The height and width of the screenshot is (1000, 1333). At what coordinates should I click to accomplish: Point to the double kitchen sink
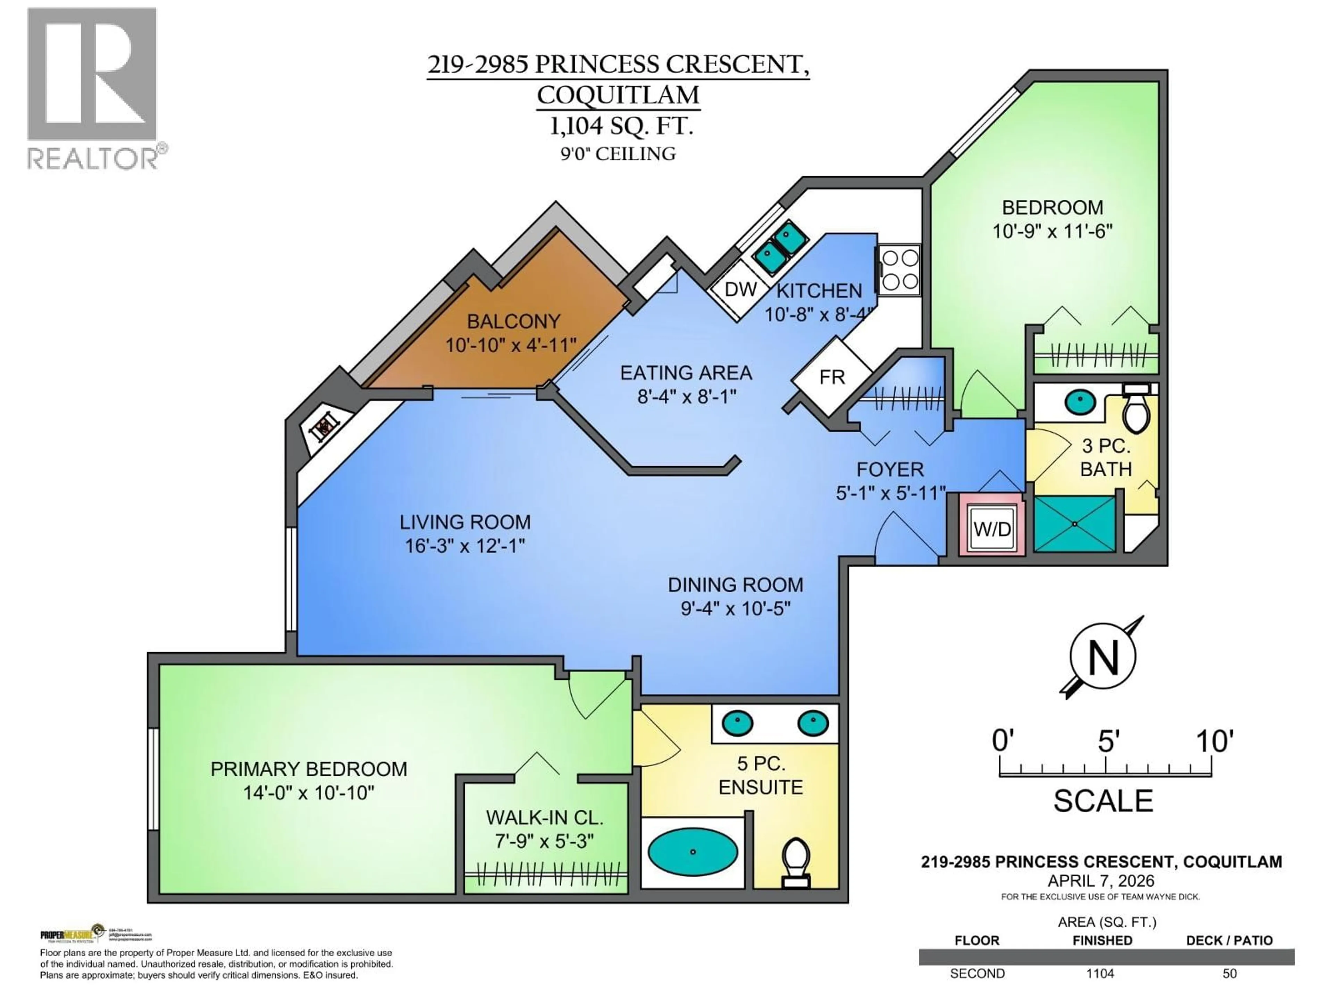pos(781,247)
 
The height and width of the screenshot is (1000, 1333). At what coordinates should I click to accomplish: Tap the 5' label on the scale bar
pos(1108,741)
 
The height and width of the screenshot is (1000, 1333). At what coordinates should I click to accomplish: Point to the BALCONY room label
pos(513,321)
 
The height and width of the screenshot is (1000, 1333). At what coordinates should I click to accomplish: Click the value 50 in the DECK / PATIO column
pos(1229,974)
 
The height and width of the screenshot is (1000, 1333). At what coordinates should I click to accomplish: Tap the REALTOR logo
pos(93,90)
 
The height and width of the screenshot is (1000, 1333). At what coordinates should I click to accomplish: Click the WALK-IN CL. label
pos(544,818)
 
